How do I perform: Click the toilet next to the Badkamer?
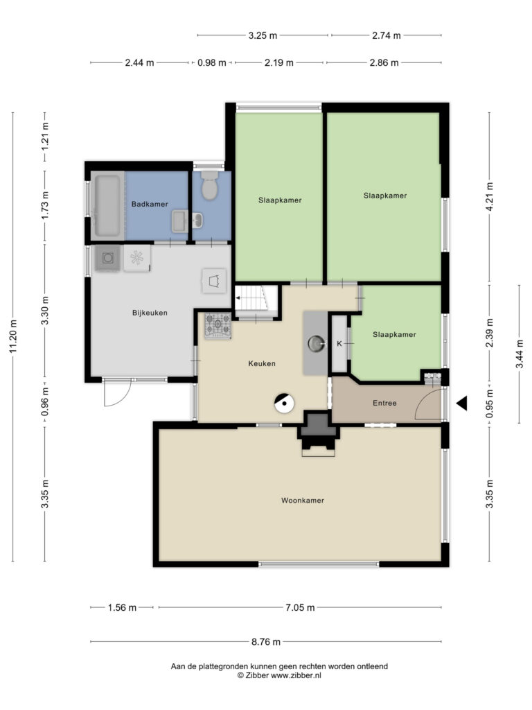tap(209, 185)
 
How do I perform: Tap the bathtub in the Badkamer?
tap(107, 205)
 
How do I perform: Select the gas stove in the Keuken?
tap(218, 326)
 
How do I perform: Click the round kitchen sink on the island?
tap(316, 344)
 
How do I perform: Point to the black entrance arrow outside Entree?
tap(461, 403)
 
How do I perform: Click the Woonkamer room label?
tap(303, 501)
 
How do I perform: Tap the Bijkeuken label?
tap(150, 313)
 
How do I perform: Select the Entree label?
tap(384, 403)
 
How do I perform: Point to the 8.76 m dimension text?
tap(266, 641)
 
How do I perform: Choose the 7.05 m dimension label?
tap(300, 607)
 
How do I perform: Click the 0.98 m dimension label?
tap(212, 63)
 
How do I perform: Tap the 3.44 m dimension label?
tap(520, 354)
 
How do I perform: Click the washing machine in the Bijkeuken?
tap(107, 259)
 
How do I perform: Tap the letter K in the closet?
tap(339, 344)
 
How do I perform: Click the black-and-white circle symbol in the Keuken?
tap(284, 403)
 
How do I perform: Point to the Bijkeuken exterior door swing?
tap(117, 392)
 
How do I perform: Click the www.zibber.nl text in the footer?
tap(296, 675)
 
